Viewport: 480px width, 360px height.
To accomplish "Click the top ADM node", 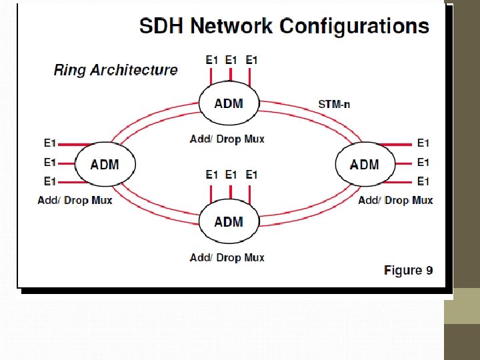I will (x=229, y=104).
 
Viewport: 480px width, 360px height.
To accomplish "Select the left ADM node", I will (x=105, y=164).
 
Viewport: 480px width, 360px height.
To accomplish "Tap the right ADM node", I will (x=363, y=164).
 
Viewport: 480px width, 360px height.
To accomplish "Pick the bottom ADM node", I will (x=229, y=222).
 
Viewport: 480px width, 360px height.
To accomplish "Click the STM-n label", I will (x=333, y=103).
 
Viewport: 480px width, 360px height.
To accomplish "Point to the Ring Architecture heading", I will (x=115, y=70).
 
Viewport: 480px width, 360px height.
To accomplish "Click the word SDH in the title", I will (x=161, y=27).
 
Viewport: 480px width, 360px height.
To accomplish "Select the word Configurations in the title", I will (x=354, y=27).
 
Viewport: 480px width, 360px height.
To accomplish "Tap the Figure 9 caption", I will (x=408, y=270).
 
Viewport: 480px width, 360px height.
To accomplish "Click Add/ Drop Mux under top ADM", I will (x=227, y=139).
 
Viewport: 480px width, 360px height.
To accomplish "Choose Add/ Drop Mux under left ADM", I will (x=75, y=200).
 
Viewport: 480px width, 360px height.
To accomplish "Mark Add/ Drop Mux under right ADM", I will (x=395, y=200).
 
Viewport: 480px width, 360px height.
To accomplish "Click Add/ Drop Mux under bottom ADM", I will (x=227, y=257).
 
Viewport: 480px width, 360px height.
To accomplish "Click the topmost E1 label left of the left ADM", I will (x=50, y=143).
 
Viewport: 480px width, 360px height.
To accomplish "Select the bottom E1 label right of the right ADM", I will (x=423, y=181).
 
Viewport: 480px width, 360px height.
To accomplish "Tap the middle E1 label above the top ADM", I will (x=231, y=60).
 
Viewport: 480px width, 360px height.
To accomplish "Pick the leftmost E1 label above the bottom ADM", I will (x=211, y=175).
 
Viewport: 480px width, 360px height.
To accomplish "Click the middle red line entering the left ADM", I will (x=67, y=162).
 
